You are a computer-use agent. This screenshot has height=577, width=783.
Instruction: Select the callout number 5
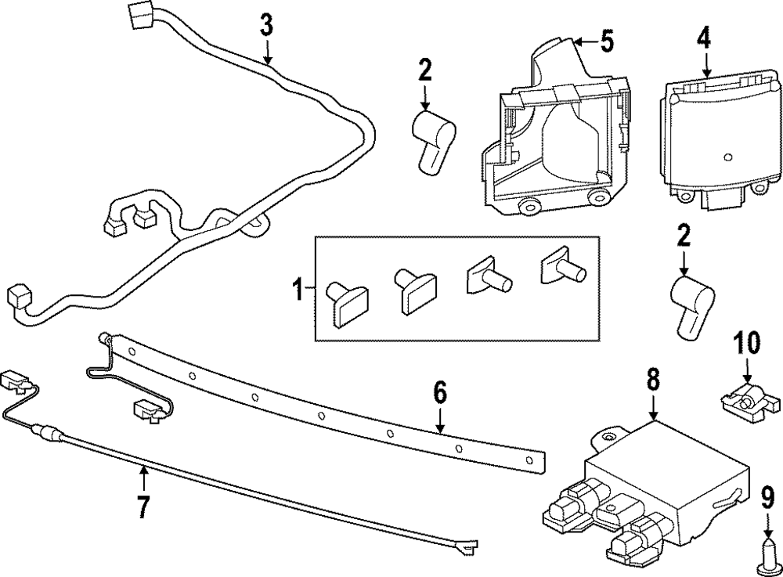[x=607, y=41]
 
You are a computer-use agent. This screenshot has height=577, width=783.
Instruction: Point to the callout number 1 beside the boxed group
[x=298, y=290]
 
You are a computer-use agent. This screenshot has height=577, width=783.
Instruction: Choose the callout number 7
[x=143, y=506]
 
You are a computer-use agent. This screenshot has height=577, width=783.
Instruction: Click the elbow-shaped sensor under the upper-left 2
[x=432, y=141]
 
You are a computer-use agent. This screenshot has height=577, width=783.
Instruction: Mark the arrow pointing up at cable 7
[x=144, y=478]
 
